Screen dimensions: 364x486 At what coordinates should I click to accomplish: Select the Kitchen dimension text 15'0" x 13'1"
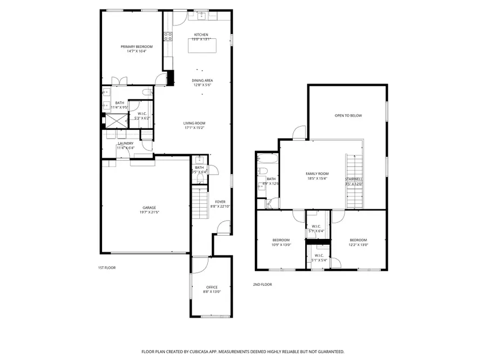201,39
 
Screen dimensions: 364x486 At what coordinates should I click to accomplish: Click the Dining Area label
202,80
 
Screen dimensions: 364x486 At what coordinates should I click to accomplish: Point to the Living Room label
194,123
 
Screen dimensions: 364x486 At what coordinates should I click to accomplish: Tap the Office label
211,287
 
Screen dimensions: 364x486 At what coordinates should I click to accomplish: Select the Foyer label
220,202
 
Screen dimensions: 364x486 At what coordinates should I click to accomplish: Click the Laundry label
126,143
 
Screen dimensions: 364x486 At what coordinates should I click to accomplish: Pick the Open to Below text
348,115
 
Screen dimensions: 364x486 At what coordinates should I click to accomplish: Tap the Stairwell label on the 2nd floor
354,179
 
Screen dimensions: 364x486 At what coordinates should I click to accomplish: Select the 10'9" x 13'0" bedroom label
281,240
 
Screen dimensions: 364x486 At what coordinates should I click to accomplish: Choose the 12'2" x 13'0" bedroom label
358,240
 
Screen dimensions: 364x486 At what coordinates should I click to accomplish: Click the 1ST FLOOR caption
107,267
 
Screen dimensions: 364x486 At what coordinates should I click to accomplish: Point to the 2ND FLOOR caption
262,284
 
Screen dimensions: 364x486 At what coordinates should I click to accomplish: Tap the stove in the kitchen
168,37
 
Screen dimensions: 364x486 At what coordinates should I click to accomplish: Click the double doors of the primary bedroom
119,81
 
